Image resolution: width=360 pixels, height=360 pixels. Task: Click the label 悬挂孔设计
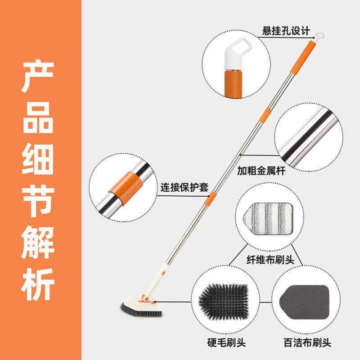pos(287,31)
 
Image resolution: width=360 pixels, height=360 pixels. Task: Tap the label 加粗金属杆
pos(261,171)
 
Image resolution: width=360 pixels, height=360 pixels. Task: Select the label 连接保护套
pos(184,187)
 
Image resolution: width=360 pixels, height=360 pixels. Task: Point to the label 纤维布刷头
pos(271,260)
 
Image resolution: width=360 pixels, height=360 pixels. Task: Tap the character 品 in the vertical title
pos(39,118)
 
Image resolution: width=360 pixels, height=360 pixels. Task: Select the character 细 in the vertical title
pos(39,158)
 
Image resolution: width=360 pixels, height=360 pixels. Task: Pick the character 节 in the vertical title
pos(39,199)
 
